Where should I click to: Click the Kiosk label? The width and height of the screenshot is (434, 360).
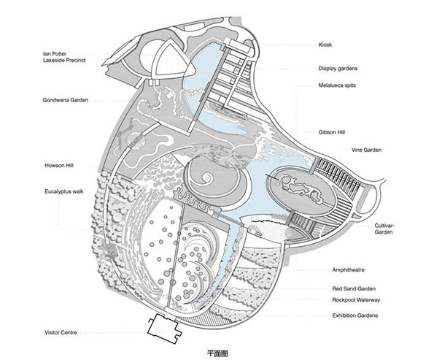tap(325, 45)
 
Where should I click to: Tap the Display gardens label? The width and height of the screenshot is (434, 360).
tap(338, 69)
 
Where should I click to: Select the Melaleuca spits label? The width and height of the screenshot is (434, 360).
tap(337, 85)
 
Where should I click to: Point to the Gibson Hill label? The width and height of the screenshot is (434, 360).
tap(332, 132)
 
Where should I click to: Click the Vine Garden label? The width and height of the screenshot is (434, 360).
tap(366, 150)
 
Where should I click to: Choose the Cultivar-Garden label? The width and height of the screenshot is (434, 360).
tap(384, 229)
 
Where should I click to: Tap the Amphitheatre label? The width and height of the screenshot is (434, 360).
tap(348, 270)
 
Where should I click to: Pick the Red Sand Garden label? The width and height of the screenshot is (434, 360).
tap(354, 288)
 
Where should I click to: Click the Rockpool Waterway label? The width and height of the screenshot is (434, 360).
tap(356, 300)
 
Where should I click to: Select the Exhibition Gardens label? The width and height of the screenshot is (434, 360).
tap(354, 315)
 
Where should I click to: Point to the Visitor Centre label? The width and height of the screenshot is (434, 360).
tap(61, 332)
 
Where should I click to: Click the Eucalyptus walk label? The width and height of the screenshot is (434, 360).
tap(64, 191)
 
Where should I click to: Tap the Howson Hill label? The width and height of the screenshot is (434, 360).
tap(59, 166)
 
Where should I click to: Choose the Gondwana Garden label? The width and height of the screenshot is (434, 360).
tap(66, 100)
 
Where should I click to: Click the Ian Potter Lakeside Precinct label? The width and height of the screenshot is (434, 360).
tap(64, 57)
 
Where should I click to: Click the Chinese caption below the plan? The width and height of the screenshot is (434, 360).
tap(217, 353)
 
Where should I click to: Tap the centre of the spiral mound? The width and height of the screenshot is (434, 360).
tap(206, 177)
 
